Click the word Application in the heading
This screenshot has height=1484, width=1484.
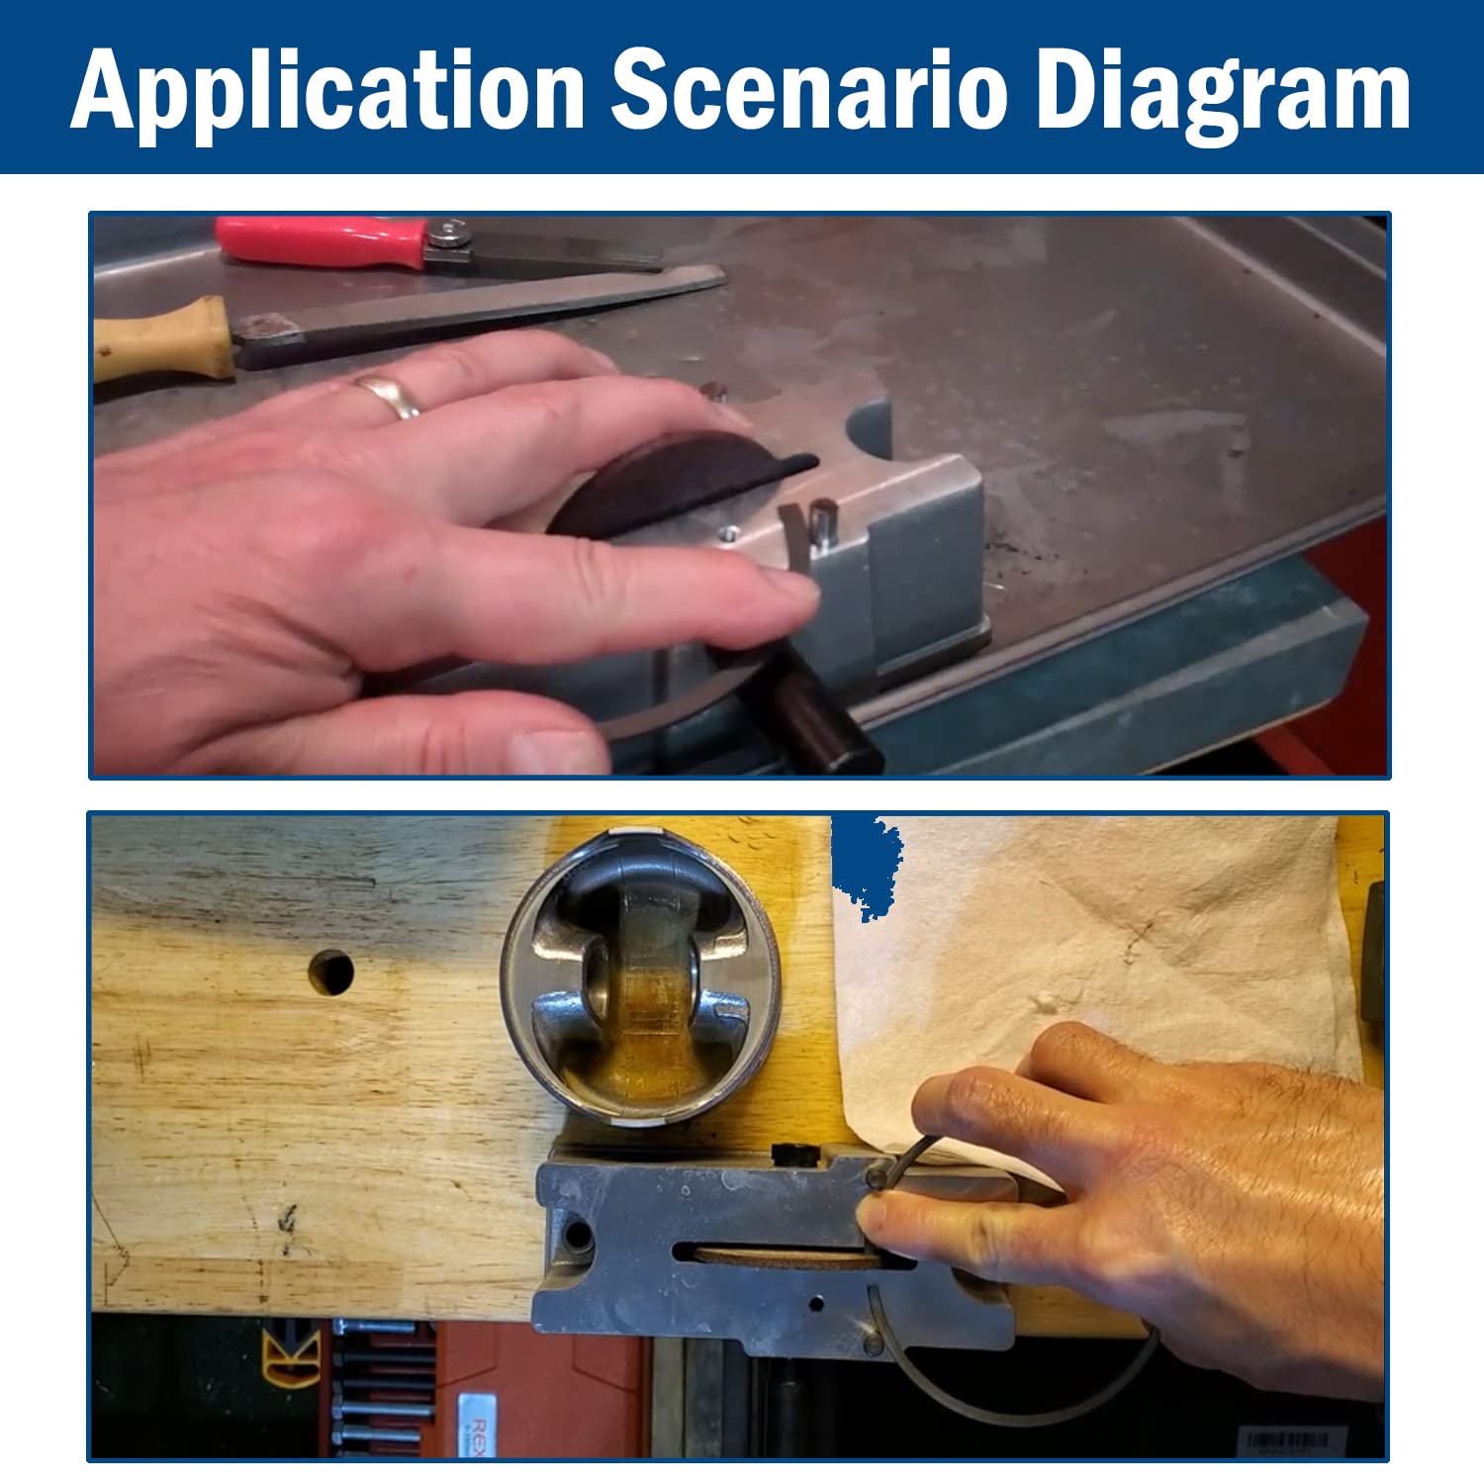(x=328, y=92)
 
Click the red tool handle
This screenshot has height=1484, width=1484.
(x=323, y=241)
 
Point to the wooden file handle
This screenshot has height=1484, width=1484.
(x=163, y=337)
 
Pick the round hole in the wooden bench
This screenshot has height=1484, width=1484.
(x=330, y=973)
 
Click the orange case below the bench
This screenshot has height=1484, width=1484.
(x=539, y=1389)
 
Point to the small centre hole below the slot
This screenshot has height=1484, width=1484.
(x=816, y=1304)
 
